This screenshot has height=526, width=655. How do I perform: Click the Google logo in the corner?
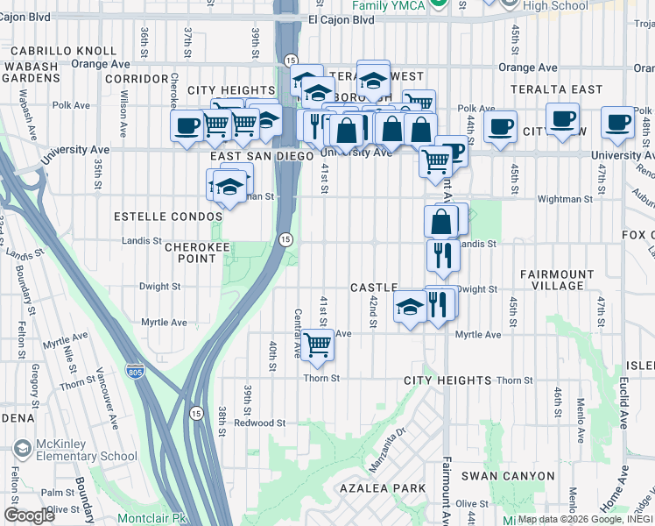click(29, 515)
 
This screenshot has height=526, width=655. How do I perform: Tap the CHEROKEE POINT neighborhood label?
click(191, 252)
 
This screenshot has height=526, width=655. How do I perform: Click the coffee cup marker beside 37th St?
click(187, 124)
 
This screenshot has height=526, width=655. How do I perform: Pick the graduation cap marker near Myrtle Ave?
click(409, 309)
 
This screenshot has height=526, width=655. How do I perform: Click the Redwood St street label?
click(266, 423)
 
